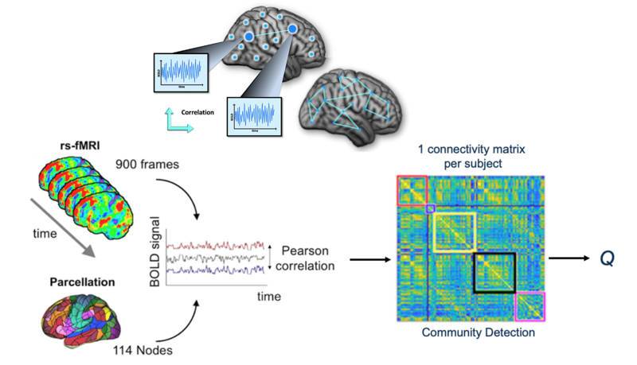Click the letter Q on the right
pyautogui.click(x=607, y=258)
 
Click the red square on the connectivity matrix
pyautogui.click(x=412, y=190)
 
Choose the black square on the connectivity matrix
pyautogui.click(x=494, y=273)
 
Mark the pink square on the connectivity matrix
pyautogui.click(x=530, y=306)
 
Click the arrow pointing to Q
pyautogui.click(x=568, y=258)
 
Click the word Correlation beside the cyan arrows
pyautogui.click(x=198, y=113)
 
